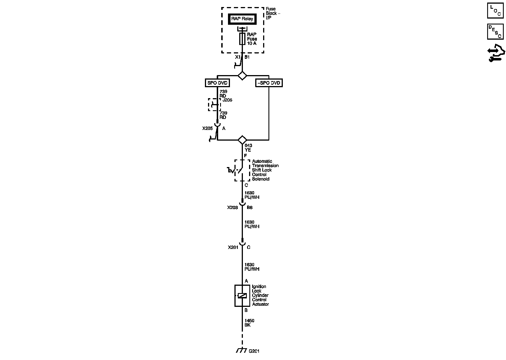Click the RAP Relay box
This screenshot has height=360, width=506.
pyautogui.click(x=242, y=19)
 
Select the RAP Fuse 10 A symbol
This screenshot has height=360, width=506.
pyautogui.click(x=242, y=39)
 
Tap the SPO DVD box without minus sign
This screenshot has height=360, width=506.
pyautogui.click(x=217, y=83)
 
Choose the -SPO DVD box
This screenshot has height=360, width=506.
pyautogui.click(x=269, y=83)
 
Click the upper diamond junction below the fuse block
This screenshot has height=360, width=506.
pyautogui.click(x=242, y=76)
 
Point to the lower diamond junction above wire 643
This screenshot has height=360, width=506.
pyautogui.click(x=242, y=140)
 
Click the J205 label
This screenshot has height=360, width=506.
pyautogui.click(x=227, y=100)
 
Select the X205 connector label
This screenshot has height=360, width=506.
pyautogui.click(x=207, y=129)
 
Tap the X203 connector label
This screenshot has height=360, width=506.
pyautogui.click(x=233, y=208)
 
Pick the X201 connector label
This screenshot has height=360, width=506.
pyautogui.click(x=233, y=247)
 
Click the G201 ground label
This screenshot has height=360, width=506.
pyautogui.click(x=254, y=351)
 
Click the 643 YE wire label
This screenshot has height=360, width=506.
pyautogui.click(x=248, y=148)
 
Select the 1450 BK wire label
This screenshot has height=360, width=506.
pyautogui.click(x=249, y=323)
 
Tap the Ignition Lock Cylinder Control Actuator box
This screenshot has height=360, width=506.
pyautogui.click(x=242, y=296)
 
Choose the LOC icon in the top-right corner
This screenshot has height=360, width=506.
pyautogui.click(x=495, y=11)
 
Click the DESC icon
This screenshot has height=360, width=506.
pyautogui.click(x=495, y=31)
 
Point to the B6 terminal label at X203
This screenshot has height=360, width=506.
pyautogui.click(x=249, y=208)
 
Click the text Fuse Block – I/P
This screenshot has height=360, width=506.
pyautogui.click(x=273, y=13)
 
